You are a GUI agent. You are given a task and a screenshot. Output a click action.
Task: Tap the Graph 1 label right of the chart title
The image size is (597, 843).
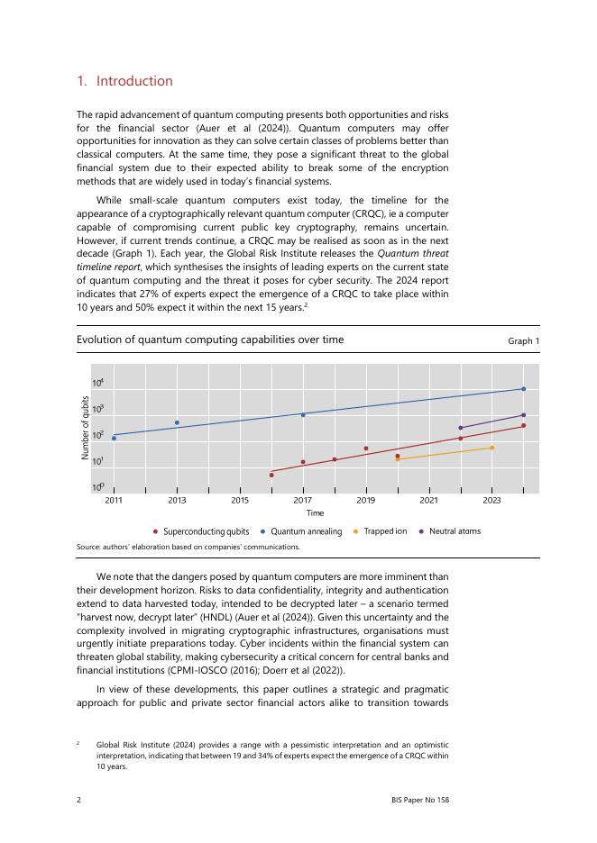pyautogui.click(x=523, y=341)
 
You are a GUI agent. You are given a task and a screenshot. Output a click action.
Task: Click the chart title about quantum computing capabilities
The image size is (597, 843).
pyautogui.click(x=209, y=340)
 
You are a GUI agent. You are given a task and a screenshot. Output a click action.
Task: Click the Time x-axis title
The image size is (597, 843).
pyautogui.click(x=315, y=512)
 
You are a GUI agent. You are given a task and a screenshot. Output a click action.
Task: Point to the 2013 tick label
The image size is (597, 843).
pyautogui.click(x=177, y=499)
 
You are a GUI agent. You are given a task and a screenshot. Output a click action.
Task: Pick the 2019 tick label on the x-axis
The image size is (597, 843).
pyautogui.click(x=365, y=499)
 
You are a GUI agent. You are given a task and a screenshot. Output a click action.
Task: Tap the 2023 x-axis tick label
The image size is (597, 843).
pyautogui.click(x=491, y=499)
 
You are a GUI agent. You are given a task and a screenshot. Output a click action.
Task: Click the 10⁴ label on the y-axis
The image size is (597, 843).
pyautogui.click(x=97, y=384)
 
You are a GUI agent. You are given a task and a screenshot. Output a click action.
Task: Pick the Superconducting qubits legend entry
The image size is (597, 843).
pyautogui.click(x=206, y=531)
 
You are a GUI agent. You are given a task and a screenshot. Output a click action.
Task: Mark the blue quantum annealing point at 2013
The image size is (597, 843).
pyautogui.click(x=177, y=422)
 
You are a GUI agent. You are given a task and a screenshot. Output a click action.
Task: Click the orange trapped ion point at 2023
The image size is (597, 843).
pyautogui.click(x=491, y=448)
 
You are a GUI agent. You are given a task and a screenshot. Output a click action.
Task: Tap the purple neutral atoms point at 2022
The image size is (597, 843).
pyautogui.click(x=461, y=428)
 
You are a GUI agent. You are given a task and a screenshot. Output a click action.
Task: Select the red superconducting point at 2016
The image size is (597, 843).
pyautogui.click(x=271, y=475)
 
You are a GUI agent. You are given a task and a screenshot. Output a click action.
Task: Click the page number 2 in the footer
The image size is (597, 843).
pyautogui.click(x=79, y=799)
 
